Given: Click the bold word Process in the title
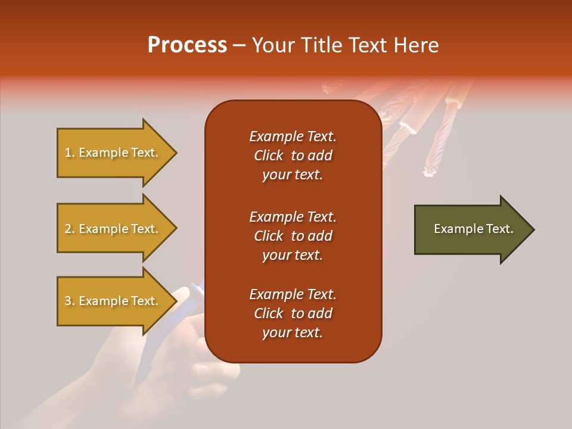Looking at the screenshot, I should (x=187, y=45).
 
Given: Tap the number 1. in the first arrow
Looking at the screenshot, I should (x=70, y=153).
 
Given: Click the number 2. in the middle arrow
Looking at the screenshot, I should (x=70, y=229).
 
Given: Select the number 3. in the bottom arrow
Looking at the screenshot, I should (x=70, y=301).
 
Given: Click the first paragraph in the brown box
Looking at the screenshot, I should (x=293, y=156).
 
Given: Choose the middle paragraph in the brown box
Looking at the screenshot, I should (x=293, y=236).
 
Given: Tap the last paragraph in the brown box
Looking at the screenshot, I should (x=293, y=313).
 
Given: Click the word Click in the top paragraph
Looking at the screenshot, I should (x=269, y=156).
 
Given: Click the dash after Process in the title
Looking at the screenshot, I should (x=240, y=45).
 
